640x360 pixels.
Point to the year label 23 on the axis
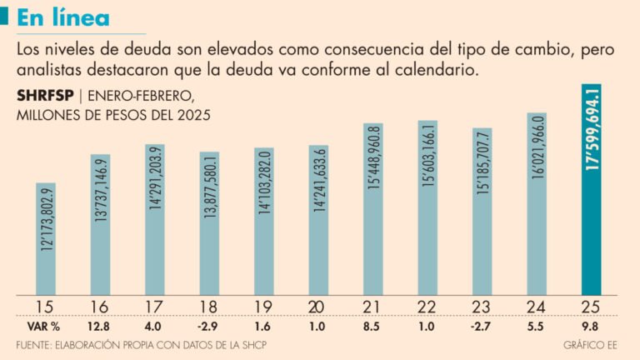click(482, 306)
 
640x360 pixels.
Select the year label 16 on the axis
click(100, 306)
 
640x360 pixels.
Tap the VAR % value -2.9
click(209, 326)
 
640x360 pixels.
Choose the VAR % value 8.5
click(372, 326)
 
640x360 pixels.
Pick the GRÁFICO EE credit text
click(591, 344)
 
